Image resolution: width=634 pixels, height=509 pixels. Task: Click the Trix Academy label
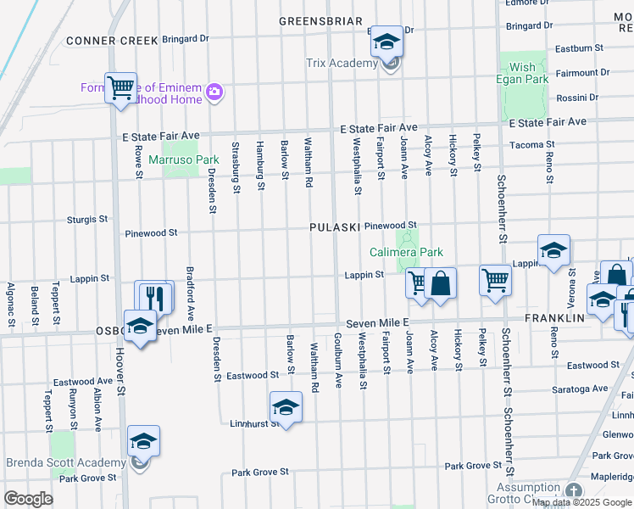pyautogui.click(x=342, y=64)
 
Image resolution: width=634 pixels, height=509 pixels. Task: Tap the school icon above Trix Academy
pyautogui.click(x=387, y=42)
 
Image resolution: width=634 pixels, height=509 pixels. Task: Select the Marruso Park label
pyautogui.click(x=184, y=159)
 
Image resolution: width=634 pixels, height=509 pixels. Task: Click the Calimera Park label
pyautogui.click(x=406, y=252)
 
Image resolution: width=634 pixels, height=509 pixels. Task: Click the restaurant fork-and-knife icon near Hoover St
pyautogui.click(x=154, y=296)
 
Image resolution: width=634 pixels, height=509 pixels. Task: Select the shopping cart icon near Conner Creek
pyautogui.click(x=120, y=87)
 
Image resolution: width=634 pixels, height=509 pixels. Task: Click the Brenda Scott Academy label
pyautogui.click(x=66, y=462)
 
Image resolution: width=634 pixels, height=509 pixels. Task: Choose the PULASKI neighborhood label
pyautogui.click(x=335, y=227)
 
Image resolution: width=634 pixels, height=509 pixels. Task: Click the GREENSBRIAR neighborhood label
pyautogui.click(x=320, y=21)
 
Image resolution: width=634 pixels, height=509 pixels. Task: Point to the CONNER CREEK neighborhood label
pyautogui.click(x=112, y=40)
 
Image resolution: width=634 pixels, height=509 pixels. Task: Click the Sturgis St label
pyautogui.click(x=87, y=219)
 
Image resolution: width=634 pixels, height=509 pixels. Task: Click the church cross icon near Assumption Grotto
pyautogui.click(x=574, y=491)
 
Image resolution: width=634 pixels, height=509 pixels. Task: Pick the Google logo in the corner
pyautogui.click(x=28, y=499)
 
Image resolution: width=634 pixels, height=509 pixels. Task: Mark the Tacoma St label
pyautogui.click(x=532, y=145)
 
